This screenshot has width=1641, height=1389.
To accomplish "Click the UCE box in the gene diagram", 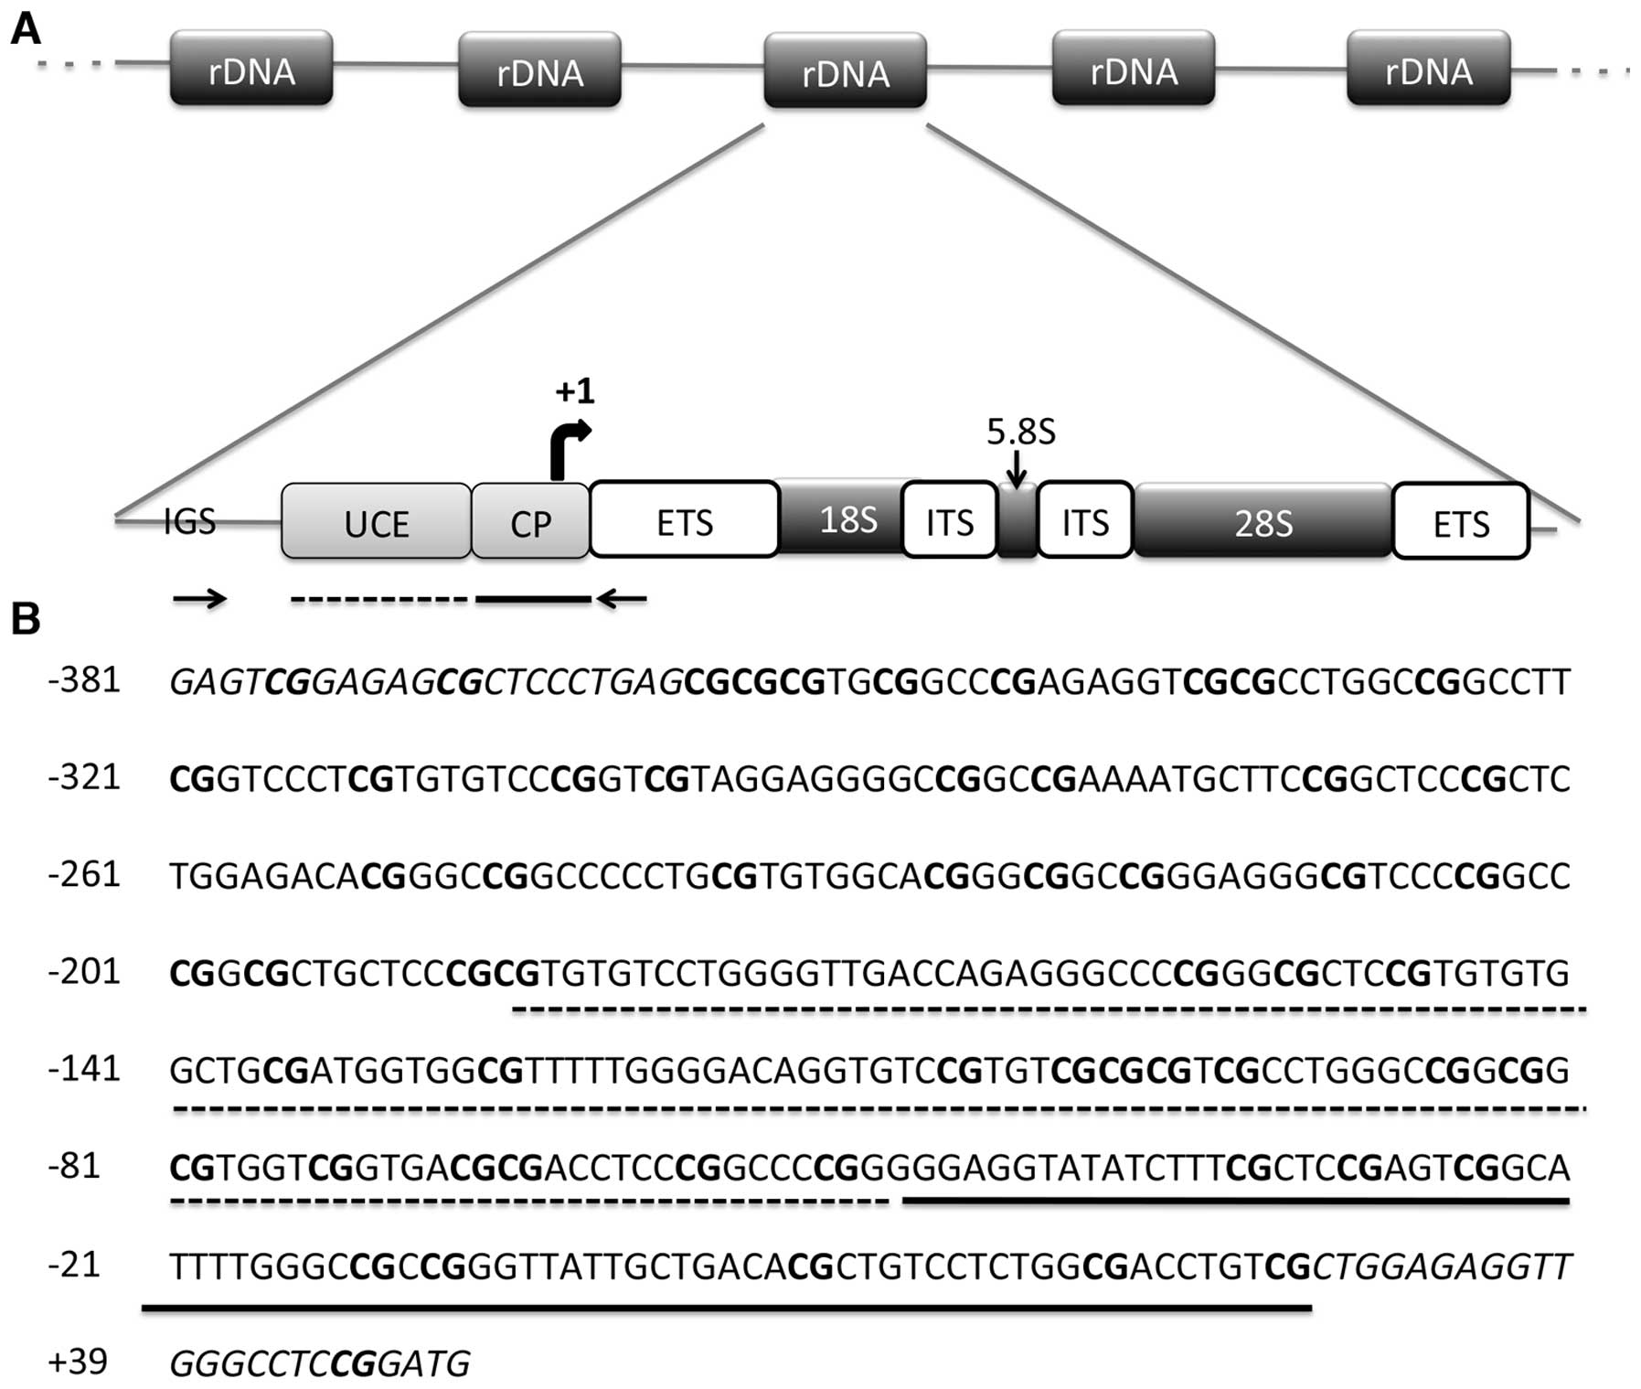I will pyautogui.click(x=376, y=521).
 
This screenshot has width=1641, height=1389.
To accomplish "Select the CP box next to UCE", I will pyautogui.click(x=530, y=521).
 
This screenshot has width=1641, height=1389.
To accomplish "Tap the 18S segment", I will pyautogui.click(x=847, y=518).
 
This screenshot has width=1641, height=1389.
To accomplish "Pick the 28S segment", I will pyautogui.click(x=1263, y=521).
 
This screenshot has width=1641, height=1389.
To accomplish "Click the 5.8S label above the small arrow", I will pyautogui.click(x=1020, y=432).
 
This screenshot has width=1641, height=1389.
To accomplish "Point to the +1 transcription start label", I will pyautogui.click(x=574, y=391).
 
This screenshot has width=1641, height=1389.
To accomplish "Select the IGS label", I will pyautogui.click(x=189, y=521).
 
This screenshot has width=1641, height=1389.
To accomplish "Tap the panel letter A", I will pyautogui.click(x=25, y=29).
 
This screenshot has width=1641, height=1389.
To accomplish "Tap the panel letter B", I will pyautogui.click(x=25, y=619).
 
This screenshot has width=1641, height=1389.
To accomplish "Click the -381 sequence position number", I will pyautogui.click(x=84, y=680).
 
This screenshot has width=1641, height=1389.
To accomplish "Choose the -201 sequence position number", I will pyautogui.click(x=84, y=970).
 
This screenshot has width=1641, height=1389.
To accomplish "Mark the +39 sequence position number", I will pyautogui.click(x=78, y=1361).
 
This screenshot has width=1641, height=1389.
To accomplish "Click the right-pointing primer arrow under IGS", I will pyautogui.click(x=199, y=599).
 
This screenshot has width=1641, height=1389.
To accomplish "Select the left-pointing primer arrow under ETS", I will pyautogui.click(x=622, y=599).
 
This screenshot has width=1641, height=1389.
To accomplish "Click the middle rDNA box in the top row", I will pyautogui.click(x=845, y=71).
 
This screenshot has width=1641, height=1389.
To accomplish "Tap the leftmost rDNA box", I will pyautogui.click(x=251, y=69).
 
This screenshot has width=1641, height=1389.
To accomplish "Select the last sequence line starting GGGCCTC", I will pyautogui.click(x=319, y=1363).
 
